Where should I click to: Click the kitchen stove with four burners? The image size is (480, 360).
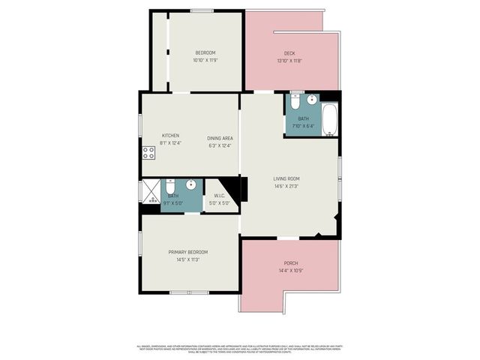[148, 153]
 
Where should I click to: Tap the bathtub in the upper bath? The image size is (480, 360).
[330, 120]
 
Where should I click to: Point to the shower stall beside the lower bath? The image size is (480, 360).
[151, 191]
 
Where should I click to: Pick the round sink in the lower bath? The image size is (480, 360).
[191, 184]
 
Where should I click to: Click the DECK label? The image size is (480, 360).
[289, 53]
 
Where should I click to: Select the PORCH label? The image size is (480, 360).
[291, 263]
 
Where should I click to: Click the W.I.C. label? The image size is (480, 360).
[220, 196]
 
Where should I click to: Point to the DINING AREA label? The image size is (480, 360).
[220, 139]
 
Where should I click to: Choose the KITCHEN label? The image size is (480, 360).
[170, 136]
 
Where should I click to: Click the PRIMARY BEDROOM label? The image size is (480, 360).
[187, 252]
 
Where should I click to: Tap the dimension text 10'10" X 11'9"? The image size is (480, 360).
[205, 60]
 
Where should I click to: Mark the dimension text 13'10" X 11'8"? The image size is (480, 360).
[289, 61]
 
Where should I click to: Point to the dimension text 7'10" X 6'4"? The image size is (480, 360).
[303, 125]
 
